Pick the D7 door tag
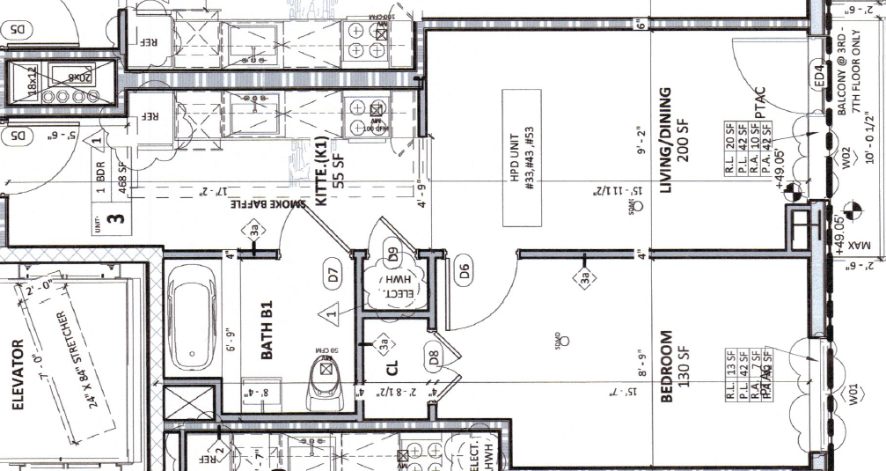(x=333, y=275)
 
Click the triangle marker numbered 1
(x=333, y=311)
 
